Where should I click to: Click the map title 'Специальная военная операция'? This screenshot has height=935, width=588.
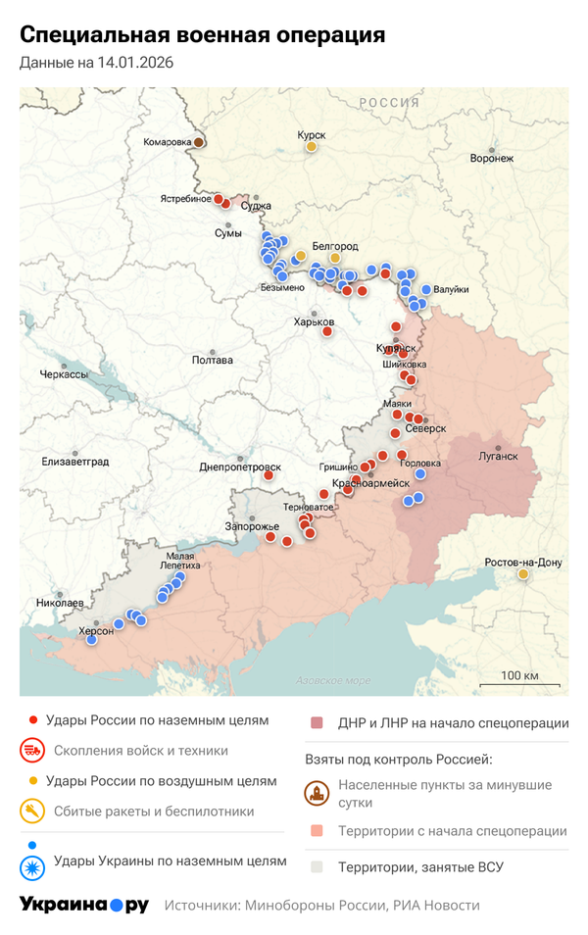click(202, 35)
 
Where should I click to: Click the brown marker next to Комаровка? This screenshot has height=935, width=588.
click(199, 142)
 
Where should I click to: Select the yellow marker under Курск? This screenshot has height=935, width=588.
click(312, 147)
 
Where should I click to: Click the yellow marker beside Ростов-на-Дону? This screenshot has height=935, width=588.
click(524, 574)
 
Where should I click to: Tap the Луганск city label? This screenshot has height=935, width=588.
click(499, 456)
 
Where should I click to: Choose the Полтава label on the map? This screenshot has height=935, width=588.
click(213, 361)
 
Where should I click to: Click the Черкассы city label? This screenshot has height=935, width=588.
click(64, 374)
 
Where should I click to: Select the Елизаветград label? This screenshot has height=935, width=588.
click(75, 461)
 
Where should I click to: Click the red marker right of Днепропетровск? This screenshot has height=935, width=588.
click(269, 475)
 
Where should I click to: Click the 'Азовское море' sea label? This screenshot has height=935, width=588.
click(333, 680)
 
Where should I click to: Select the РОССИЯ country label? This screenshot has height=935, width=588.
click(388, 103)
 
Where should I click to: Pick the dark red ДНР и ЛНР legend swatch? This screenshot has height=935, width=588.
click(317, 723)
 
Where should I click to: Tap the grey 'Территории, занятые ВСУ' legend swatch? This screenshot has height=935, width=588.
click(317, 866)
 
